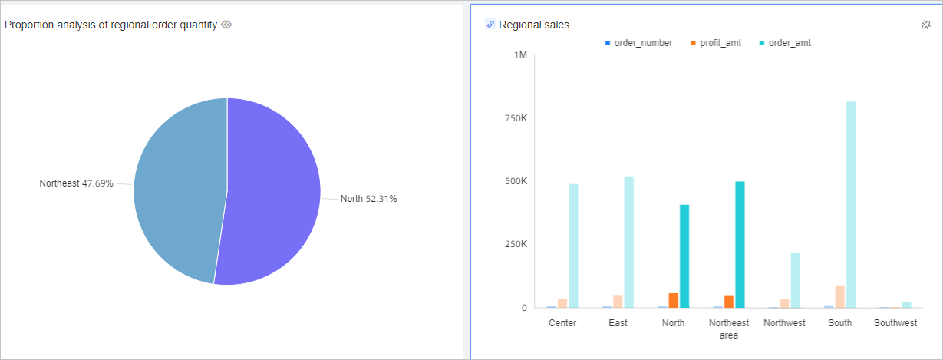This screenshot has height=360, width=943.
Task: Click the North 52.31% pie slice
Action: click(272, 192)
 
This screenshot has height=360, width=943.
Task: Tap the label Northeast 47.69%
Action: click(77, 183)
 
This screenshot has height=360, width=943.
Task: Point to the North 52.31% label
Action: click(368, 199)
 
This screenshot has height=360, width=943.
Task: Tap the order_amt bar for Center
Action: click(573, 246)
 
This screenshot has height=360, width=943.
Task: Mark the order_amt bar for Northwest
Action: click(796, 280)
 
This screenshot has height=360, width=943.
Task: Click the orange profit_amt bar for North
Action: click(673, 300)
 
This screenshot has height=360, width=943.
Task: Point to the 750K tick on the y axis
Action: click(514, 118)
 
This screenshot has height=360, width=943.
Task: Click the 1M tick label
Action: click(520, 55)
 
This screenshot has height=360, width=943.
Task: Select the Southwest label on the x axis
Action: click(895, 323)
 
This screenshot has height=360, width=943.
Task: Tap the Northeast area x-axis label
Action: click(729, 329)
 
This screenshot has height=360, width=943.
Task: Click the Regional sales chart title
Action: click(534, 25)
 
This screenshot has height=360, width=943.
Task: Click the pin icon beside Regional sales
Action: click(925, 25)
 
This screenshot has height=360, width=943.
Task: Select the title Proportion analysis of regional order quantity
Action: click(110, 25)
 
